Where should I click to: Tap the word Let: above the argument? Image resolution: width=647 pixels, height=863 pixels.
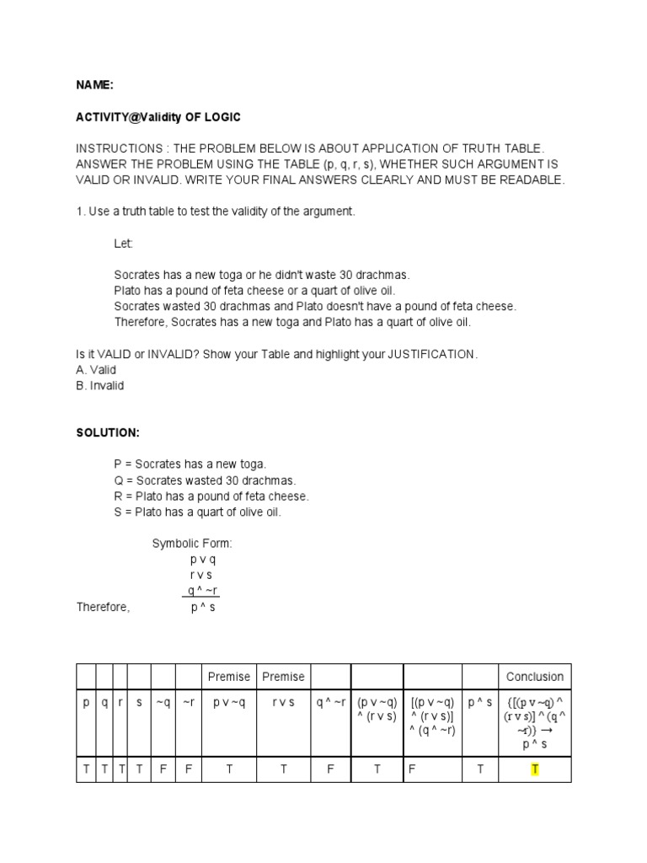124,244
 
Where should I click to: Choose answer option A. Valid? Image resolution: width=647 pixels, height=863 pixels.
95,370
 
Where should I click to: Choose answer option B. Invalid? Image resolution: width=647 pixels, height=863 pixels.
99,385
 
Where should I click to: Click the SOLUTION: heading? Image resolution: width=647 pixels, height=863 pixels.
108,432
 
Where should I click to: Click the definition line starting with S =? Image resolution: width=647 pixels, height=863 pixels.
198,512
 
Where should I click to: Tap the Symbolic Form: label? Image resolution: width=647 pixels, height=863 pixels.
191,544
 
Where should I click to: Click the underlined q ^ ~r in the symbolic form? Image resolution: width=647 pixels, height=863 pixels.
203,591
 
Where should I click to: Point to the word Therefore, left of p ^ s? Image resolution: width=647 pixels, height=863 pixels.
103,607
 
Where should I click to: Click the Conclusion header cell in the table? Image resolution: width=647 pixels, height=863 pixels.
534,676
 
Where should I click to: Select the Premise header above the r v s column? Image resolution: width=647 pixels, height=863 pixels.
283,676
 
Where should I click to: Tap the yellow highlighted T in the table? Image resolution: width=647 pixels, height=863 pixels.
534,769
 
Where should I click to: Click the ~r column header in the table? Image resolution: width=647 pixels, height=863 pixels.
188,701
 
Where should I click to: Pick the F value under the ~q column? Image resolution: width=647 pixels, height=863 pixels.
163,769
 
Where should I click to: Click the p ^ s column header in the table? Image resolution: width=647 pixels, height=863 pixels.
480,701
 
